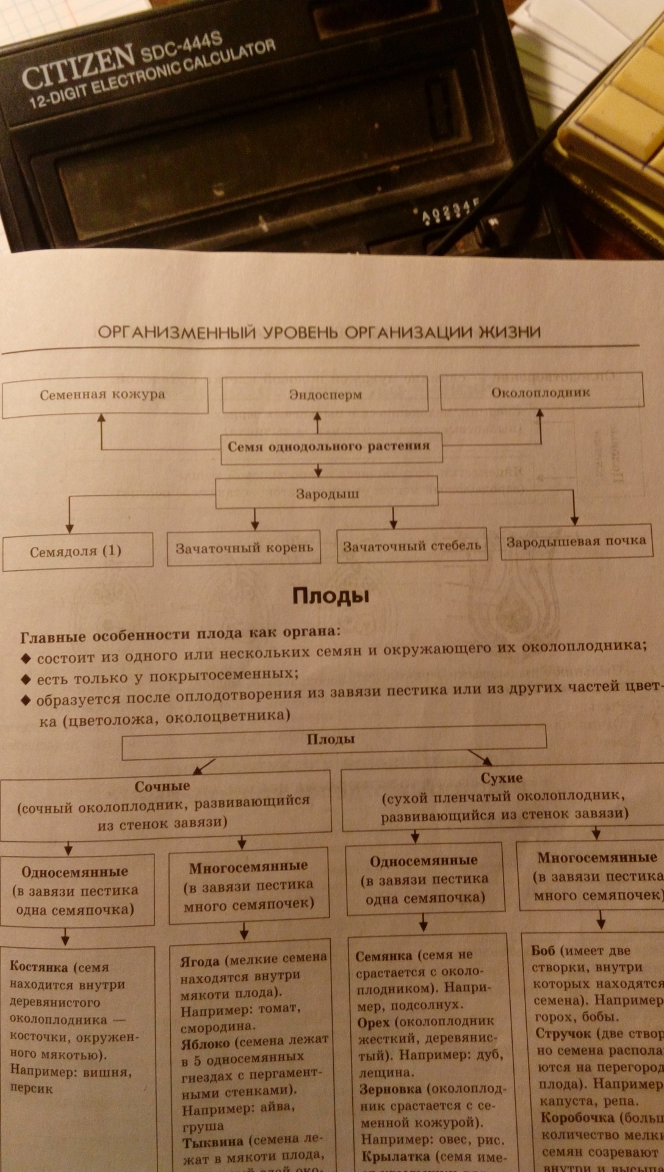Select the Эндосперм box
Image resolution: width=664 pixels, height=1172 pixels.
(325, 394)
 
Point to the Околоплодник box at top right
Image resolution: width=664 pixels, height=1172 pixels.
(541, 392)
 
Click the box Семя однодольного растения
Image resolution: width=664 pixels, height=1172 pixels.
(329, 446)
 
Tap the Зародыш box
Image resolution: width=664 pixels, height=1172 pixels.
(327, 493)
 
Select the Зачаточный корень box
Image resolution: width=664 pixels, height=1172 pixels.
(244, 548)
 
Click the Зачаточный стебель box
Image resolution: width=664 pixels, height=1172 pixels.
(412, 546)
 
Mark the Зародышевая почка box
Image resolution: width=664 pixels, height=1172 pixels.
(576, 541)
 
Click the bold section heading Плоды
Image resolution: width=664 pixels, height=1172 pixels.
(331, 596)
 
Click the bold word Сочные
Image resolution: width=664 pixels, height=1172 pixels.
(162, 786)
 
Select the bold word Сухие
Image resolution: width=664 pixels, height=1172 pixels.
(502, 778)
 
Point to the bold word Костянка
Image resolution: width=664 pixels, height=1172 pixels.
(37, 966)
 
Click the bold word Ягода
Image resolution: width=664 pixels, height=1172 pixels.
(200, 961)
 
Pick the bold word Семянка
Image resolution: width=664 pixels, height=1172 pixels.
(384, 957)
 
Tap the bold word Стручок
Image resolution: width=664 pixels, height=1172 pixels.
(563, 1033)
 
